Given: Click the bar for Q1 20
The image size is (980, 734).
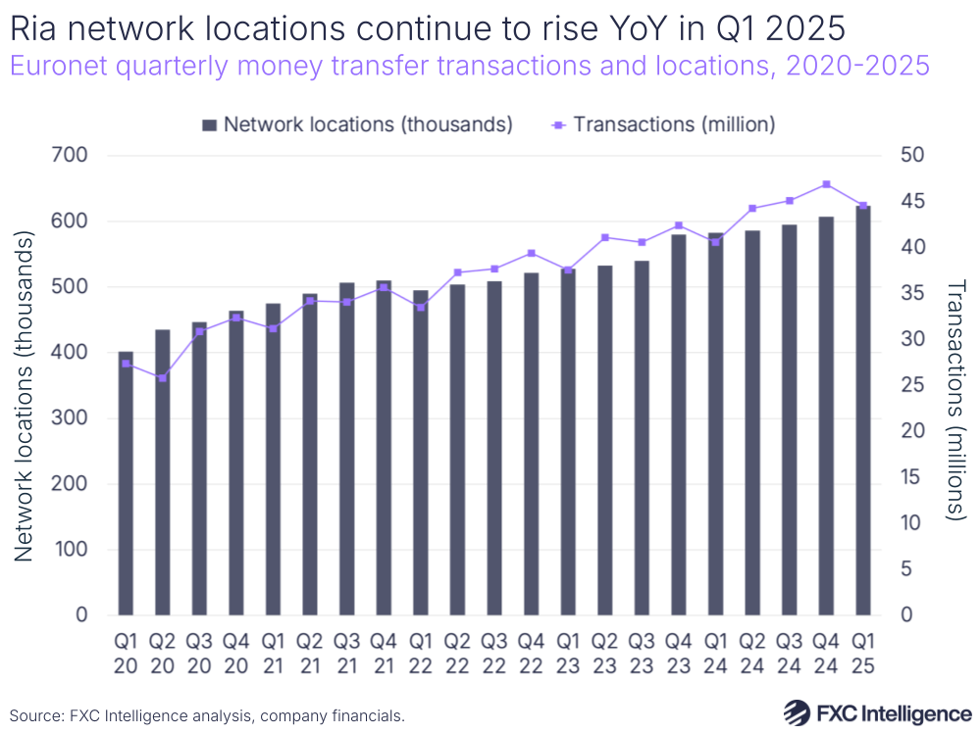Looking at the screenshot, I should pyautogui.click(x=126, y=483).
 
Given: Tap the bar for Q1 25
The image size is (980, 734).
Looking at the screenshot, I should pyautogui.click(x=862, y=411).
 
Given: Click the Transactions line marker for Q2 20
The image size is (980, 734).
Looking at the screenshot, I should pyautogui.click(x=162, y=377).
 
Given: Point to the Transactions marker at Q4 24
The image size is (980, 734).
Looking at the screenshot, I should pyautogui.click(x=826, y=184).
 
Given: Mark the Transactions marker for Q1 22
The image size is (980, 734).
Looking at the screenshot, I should pyautogui.click(x=420, y=307).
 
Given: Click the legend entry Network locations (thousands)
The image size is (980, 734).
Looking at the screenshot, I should pyautogui.click(x=357, y=124).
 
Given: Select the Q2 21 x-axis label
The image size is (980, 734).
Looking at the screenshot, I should pyautogui.click(x=309, y=654).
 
